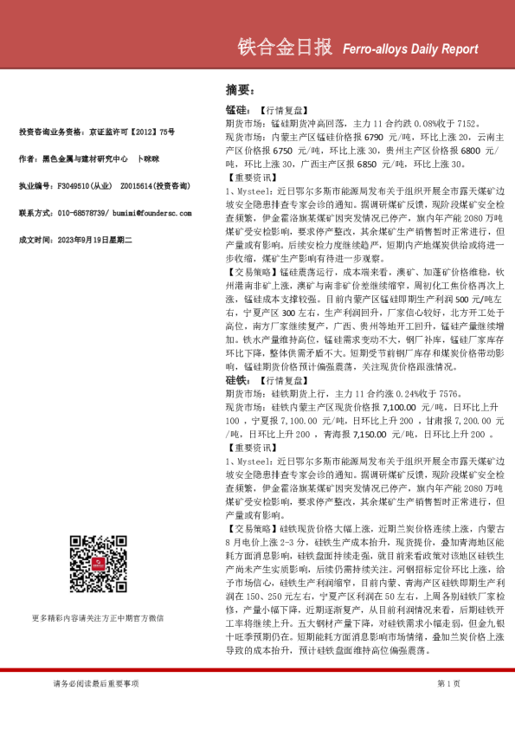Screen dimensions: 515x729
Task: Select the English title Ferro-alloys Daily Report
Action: coord(404,50)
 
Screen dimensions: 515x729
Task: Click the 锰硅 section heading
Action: coord(236,112)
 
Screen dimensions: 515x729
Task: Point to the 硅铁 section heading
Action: coord(236,379)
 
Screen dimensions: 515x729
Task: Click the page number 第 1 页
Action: coord(449,684)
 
